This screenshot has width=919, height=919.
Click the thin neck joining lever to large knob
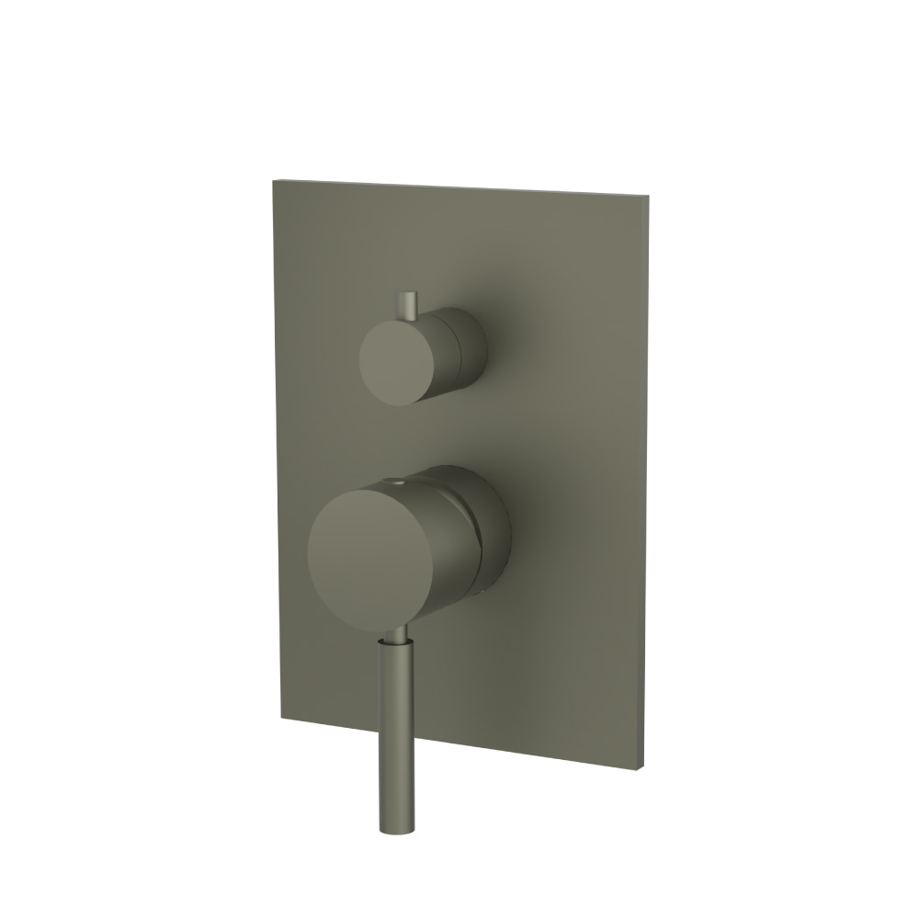[x=393, y=634]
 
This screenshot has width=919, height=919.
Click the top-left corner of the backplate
[x=273, y=180]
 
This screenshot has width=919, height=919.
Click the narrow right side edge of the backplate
[x=649, y=478]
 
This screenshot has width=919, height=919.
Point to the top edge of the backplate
[x=459, y=186]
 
